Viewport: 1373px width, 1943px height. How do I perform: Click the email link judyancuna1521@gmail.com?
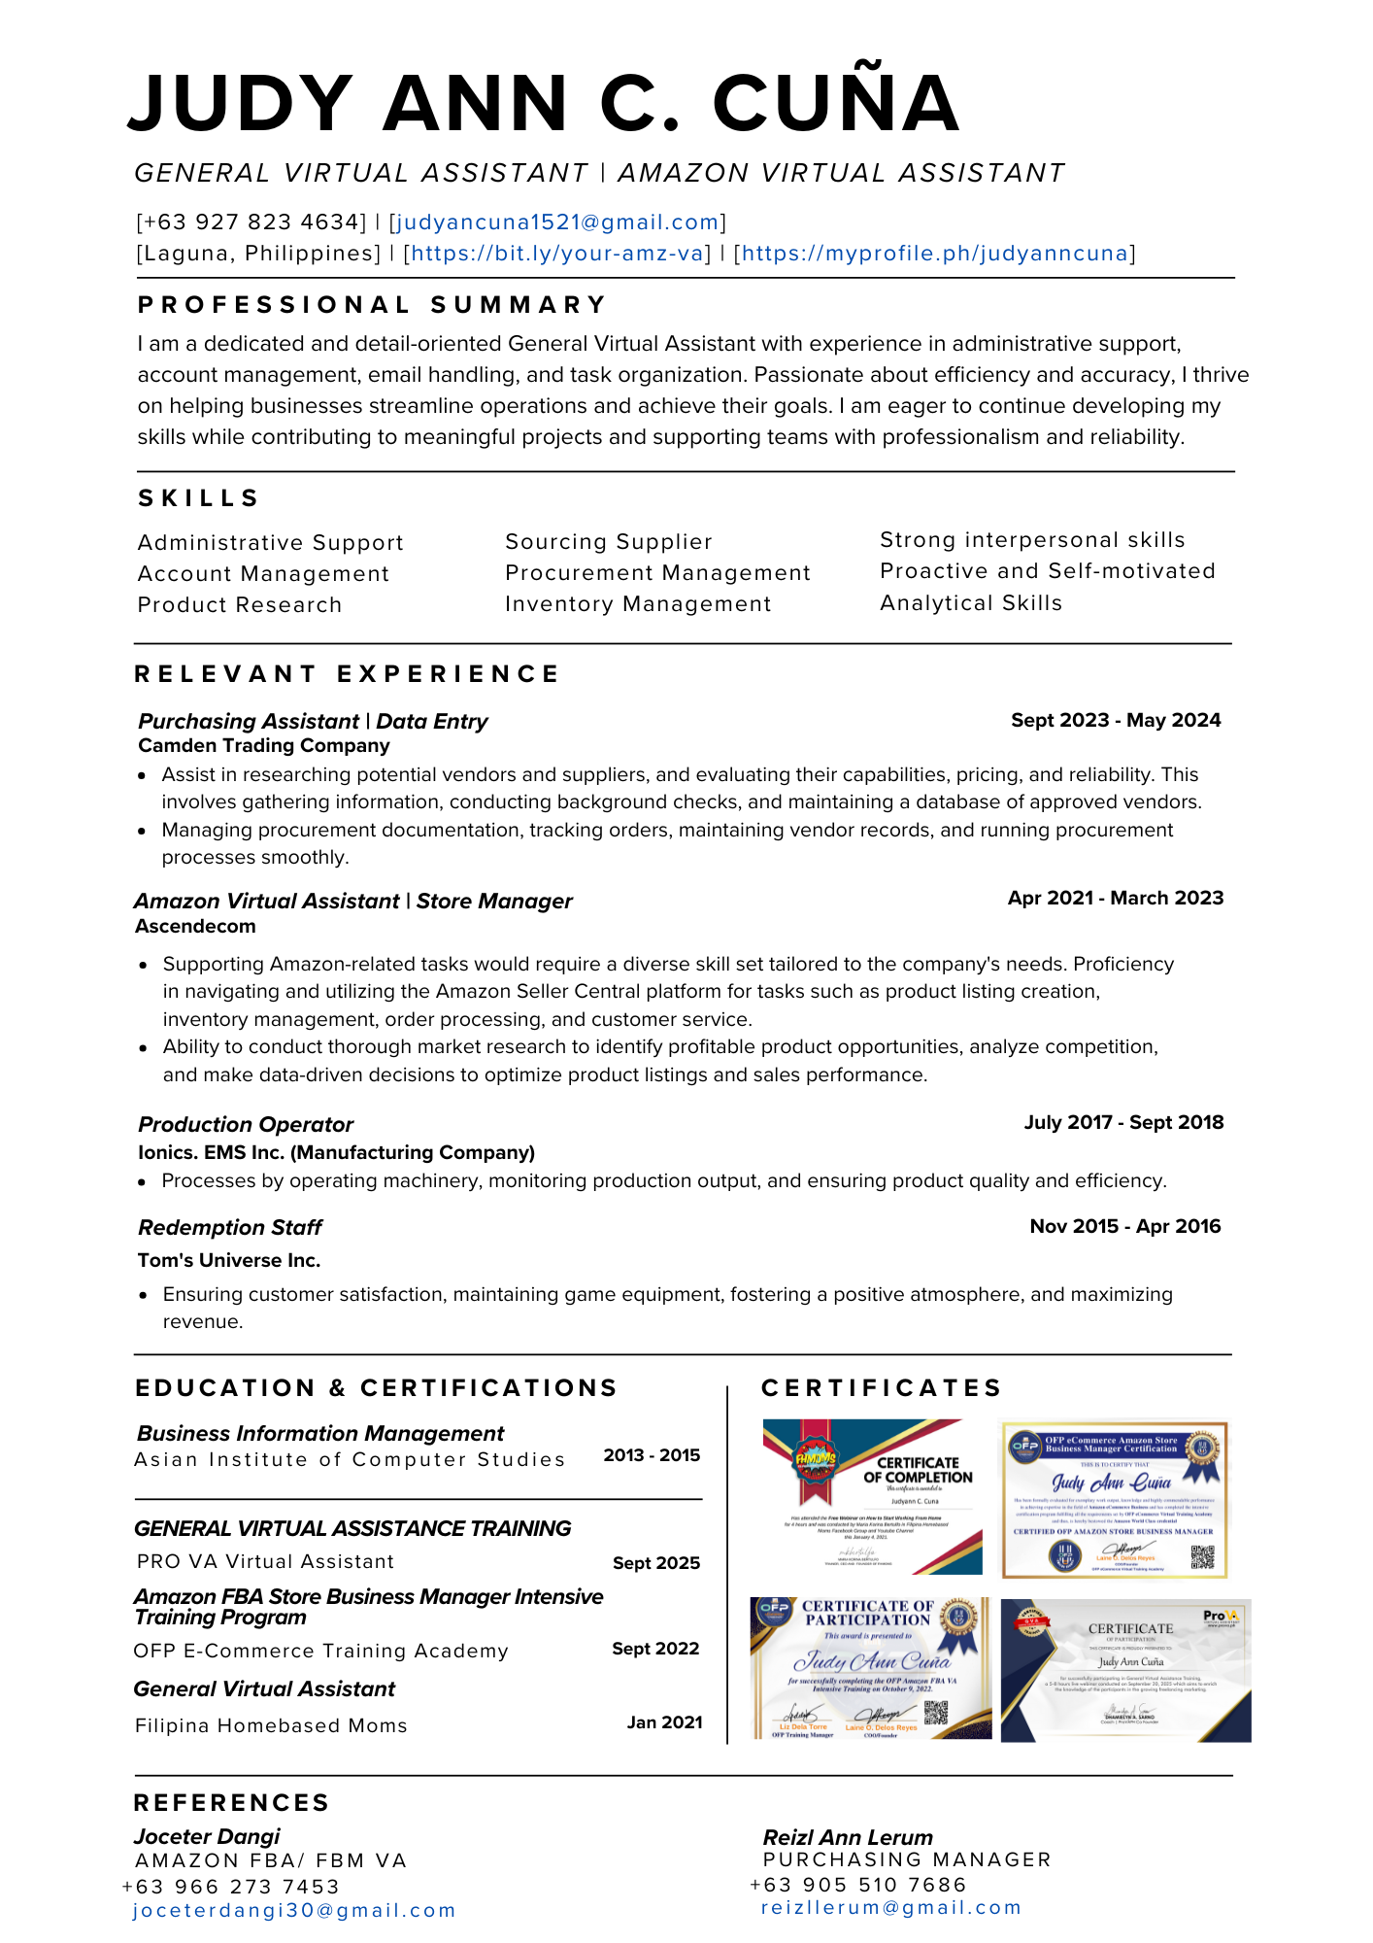point(557,222)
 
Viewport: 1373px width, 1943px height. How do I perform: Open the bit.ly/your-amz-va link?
point(557,254)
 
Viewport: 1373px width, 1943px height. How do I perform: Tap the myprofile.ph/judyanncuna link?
point(934,254)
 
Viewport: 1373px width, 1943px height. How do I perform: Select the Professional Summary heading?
point(373,305)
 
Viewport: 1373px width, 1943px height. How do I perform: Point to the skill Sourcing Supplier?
point(609,542)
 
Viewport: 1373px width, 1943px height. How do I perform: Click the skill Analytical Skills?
point(971,603)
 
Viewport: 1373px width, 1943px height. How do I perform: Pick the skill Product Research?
point(240,605)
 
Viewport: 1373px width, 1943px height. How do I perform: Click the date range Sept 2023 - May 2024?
point(1116,721)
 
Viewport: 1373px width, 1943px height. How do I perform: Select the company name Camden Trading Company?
point(264,746)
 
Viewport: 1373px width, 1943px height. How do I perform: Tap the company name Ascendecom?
point(195,927)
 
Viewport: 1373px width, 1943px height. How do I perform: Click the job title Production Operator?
point(246,1125)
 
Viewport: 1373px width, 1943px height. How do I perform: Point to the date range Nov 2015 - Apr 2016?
point(1124,1227)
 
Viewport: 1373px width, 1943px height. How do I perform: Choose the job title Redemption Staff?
point(230,1228)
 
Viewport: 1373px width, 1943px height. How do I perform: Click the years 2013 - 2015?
point(652,1455)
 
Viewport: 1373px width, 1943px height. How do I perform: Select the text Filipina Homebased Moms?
point(271,1726)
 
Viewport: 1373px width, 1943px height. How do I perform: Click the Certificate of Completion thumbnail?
point(872,1497)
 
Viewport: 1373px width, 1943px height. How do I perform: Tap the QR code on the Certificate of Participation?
point(935,1713)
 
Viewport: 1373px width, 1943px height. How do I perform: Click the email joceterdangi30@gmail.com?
point(294,1911)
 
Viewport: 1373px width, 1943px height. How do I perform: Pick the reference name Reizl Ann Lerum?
point(848,1838)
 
